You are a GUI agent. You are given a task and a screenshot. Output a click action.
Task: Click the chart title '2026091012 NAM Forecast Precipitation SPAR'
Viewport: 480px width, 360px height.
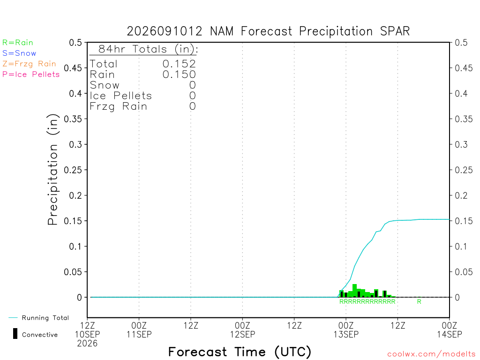[x=268, y=31]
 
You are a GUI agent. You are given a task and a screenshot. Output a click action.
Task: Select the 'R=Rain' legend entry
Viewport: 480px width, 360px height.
[x=18, y=43]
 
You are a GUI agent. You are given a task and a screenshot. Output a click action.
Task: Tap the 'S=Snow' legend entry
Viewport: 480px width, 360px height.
[x=19, y=53]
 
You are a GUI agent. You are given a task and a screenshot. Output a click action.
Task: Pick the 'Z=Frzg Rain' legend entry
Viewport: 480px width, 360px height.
[x=30, y=64]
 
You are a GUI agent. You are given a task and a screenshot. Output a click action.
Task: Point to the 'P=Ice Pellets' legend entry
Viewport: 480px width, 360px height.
[x=31, y=75]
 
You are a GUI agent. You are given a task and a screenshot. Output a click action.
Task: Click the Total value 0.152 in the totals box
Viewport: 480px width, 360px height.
[x=179, y=64]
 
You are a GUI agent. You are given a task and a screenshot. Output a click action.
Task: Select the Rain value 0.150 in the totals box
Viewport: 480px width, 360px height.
[x=179, y=75]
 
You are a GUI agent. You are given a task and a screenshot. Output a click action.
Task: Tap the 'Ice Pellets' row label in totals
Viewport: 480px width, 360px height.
[x=120, y=96]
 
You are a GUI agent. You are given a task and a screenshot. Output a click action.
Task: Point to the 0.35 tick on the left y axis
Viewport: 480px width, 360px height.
[x=73, y=119]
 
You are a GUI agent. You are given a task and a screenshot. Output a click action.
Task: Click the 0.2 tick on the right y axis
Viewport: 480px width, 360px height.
[x=461, y=195]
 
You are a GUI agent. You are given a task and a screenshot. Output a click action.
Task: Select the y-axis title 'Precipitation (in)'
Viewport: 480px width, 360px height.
[x=52, y=169]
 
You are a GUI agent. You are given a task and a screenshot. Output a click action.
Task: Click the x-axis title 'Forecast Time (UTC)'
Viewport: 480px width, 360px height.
[x=240, y=352]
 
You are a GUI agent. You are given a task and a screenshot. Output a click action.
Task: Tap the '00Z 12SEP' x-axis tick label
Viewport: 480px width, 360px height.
[x=242, y=330]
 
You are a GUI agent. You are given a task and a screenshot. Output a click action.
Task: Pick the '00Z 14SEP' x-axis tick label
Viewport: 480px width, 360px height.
[x=450, y=330]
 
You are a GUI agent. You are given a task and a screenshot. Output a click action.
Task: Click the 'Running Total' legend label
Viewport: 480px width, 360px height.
[x=45, y=318]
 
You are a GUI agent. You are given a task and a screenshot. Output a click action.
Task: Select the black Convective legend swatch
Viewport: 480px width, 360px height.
[x=15, y=334]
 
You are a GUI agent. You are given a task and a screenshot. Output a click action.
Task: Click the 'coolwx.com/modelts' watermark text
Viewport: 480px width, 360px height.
[x=431, y=354]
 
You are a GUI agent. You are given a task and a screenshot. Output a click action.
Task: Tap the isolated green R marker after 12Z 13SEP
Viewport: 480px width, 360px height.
[x=419, y=301]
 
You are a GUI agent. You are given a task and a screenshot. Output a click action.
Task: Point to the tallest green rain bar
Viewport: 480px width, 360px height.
[x=354, y=291]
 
